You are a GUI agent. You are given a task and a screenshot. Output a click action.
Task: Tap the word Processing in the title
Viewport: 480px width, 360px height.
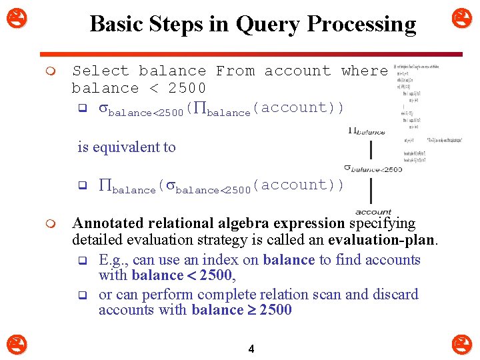[361, 25]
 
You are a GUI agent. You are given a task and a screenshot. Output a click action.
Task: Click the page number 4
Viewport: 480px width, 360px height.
[251, 349]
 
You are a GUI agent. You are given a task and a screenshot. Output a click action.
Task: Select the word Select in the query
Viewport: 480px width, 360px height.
[100, 71]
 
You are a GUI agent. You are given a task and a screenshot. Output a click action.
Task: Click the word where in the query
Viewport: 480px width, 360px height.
[364, 71]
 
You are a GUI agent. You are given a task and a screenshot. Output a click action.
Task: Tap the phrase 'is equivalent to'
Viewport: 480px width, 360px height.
[127, 147]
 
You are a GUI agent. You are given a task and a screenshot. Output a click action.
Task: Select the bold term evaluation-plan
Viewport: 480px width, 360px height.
[381, 239]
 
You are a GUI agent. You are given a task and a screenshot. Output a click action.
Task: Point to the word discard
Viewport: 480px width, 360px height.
[395, 294]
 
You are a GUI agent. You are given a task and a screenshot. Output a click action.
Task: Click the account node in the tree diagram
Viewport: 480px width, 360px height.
[373, 212]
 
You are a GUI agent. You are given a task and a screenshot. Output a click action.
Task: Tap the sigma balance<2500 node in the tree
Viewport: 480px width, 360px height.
[373, 169]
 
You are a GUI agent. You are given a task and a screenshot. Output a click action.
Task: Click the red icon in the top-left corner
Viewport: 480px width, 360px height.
[12, 14]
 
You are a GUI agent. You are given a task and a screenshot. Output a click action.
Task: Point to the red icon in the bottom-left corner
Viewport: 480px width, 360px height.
[12, 345]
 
